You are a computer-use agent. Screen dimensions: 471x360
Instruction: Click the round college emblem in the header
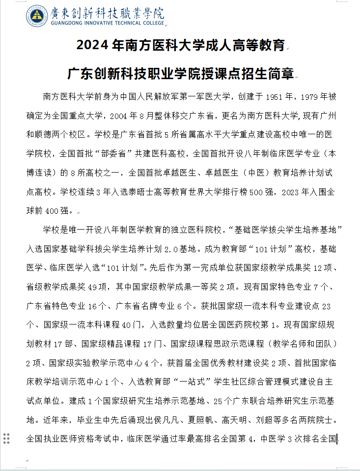pyautogui.click(x=37, y=16)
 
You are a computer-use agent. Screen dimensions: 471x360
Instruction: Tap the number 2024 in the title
pyautogui.click(x=93, y=46)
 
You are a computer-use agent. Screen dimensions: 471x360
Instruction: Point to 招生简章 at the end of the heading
pyautogui.click(x=272, y=74)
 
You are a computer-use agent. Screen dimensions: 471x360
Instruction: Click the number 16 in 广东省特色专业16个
pyautogui.click(x=93, y=306)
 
